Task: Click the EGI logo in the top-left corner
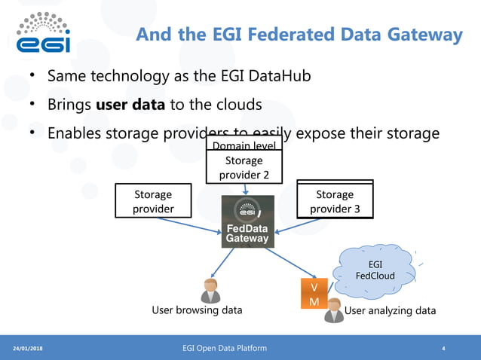tap(44, 33)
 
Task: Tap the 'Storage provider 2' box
tap(244, 167)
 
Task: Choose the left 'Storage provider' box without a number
tap(153, 201)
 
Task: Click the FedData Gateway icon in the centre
tap(247, 222)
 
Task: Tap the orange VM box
tap(314, 294)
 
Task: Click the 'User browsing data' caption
tap(197, 310)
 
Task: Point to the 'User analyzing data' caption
tap(390, 310)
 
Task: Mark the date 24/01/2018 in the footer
tap(28, 349)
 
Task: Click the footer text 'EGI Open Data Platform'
tap(224, 348)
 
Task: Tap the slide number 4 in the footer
tap(443, 349)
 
